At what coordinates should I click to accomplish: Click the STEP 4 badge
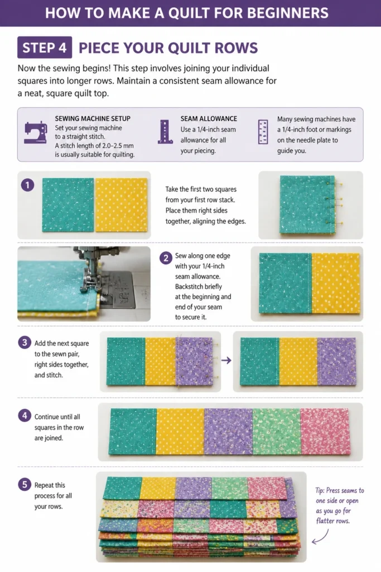pos(45,47)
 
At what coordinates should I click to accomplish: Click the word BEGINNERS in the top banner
pos(287,13)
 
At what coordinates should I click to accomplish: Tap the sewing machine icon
pos(36,132)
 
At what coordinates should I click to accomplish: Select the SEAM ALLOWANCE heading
pos(209,118)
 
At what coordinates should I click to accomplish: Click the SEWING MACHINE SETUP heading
pos(93,118)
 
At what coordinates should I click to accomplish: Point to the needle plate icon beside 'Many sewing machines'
pos(263,132)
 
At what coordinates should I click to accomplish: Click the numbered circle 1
pos(27,185)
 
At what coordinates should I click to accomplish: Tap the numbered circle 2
pos(166,258)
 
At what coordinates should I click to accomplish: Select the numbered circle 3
pos(25,342)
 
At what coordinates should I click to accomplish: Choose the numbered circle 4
pos(25,416)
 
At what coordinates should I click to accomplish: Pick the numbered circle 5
pos(25,484)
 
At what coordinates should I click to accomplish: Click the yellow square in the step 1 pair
pos(121,204)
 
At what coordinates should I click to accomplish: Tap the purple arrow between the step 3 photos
pos(226,360)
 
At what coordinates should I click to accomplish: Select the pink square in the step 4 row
pos(325,432)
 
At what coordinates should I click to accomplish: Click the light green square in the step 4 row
pos(277,432)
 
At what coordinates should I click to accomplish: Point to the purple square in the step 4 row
pos(228,432)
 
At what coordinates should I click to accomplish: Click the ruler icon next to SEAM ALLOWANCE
pos(165,132)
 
